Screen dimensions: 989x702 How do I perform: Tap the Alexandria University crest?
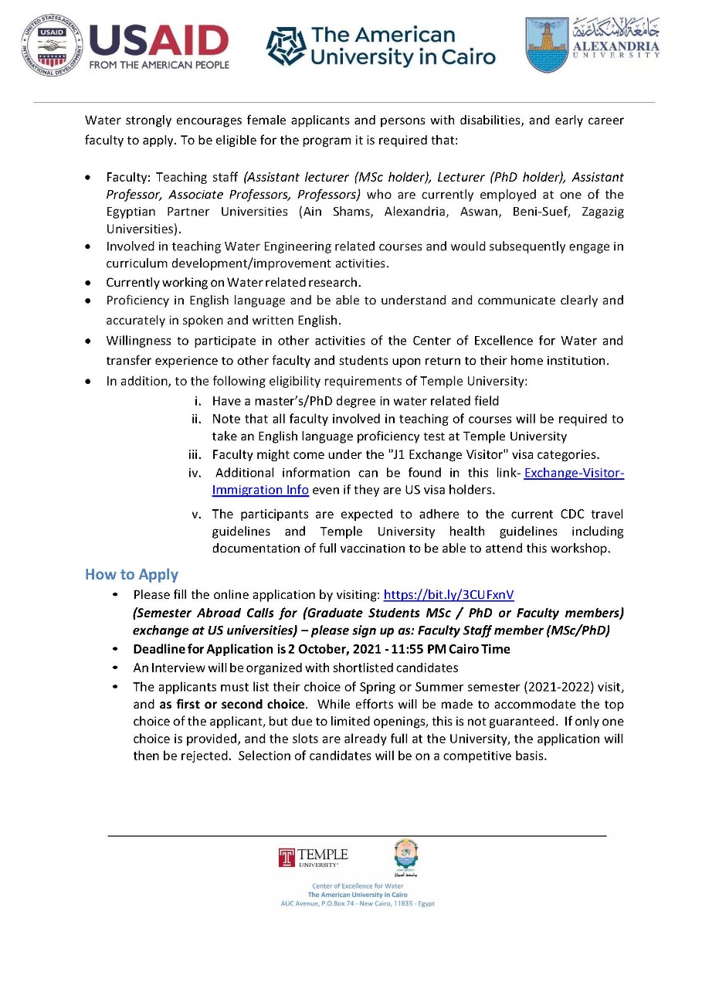coord(548,45)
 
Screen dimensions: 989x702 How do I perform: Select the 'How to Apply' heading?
coord(131,574)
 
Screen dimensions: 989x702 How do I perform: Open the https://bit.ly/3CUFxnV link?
coord(449,595)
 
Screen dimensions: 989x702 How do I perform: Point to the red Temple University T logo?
coord(287,858)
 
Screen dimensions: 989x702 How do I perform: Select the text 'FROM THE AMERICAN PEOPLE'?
coord(159,65)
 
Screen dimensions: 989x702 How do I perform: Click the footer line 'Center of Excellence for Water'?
coord(358,885)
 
